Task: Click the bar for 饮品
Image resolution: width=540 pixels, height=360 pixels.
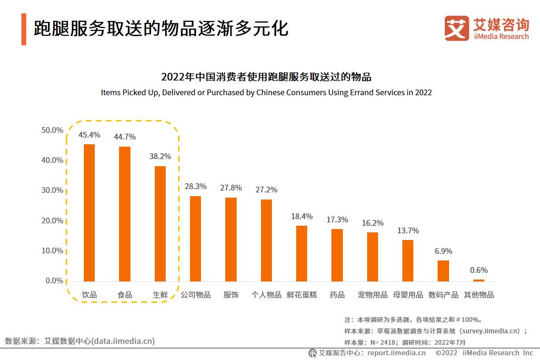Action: pyautogui.click(x=89, y=212)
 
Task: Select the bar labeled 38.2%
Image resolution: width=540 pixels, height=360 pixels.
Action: pyautogui.click(x=160, y=223)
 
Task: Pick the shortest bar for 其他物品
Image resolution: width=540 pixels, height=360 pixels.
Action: pyautogui.click(x=479, y=280)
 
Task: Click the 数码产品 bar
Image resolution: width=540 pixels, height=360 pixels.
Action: pyautogui.click(x=443, y=270)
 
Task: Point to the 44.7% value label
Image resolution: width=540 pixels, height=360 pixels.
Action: pyautogui.click(x=125, y=137)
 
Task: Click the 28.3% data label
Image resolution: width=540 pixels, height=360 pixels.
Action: pyautogui.click(x=195, y=186)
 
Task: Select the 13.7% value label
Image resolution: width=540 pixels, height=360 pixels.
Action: pyautogui.click(x=408, y=230)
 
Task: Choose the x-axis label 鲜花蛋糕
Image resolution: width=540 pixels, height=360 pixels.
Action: pyautogui.click(x=302, y=295)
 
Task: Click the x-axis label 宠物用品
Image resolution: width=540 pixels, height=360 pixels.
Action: pyautogui.click(x=372, y=295)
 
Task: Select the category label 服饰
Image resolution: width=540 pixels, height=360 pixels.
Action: pyautogui.click(x=231, y=295)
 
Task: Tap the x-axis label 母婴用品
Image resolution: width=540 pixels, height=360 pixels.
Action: pyautogui.click(x=408, y=295)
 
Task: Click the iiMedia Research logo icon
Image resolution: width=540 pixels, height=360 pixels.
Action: pyautogui.click(x=457, y=29)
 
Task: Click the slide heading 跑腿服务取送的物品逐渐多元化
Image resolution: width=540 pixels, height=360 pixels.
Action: pyautogui.click(x=161, y=29)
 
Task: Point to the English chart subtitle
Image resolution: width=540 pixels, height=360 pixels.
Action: pyautogui.click(x=266, y=92)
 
